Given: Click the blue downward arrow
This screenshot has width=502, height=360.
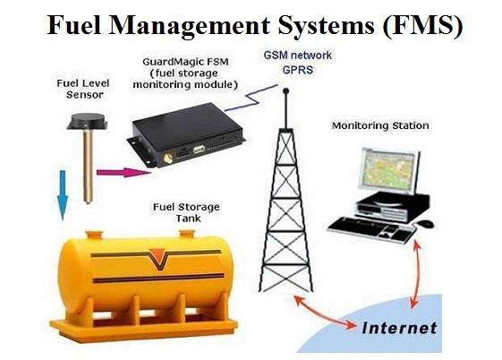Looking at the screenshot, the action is [63, 194].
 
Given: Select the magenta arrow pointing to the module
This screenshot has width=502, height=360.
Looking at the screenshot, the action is [123, 173].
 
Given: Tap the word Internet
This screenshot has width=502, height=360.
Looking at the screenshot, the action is [399, 328].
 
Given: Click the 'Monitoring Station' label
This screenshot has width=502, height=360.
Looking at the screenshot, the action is [380, 125].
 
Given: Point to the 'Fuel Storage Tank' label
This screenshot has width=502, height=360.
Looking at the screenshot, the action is [186, 212].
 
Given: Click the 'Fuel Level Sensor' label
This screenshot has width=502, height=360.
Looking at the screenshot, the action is [83, 89].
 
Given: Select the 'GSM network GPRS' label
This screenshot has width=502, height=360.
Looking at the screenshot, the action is [298, 62].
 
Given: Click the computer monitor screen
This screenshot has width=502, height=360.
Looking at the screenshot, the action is [390, 169].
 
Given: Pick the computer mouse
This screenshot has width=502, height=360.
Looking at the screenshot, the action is [425, 223].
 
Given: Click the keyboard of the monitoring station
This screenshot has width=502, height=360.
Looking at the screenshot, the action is [372, 228].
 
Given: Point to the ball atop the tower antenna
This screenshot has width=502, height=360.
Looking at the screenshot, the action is [286, 91].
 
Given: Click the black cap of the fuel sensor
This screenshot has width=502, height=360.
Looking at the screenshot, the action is [87, 122].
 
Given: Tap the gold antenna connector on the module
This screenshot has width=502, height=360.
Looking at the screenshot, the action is [167, 159].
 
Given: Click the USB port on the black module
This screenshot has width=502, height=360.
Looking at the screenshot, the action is [200, 149].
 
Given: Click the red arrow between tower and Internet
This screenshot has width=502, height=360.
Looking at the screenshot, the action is [325, 313].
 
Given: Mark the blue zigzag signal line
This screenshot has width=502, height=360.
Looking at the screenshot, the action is [251, 98].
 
